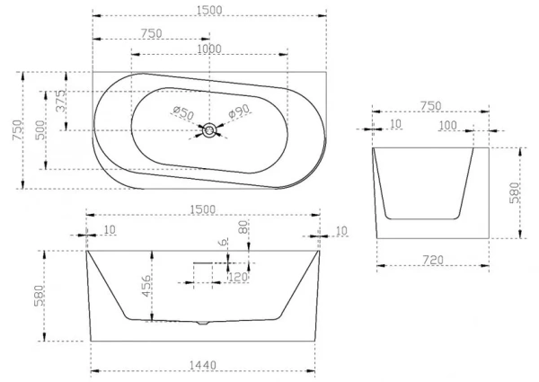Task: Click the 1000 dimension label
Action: click(x=209, y=49)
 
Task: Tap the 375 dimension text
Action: click(x=61, y=101)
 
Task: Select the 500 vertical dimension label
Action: click(x=40, y=130)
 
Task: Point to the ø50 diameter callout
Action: click(x=183, y=112)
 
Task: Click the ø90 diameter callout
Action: click(x=239, y=111)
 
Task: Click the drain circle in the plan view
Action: click(x=209, y=130)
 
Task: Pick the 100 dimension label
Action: click(x=448, y=126)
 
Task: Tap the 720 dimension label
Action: click(x=433, y=260)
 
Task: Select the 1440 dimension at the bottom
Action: click(x=203, y=365)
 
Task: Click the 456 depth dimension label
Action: click(x=146, y=286)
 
